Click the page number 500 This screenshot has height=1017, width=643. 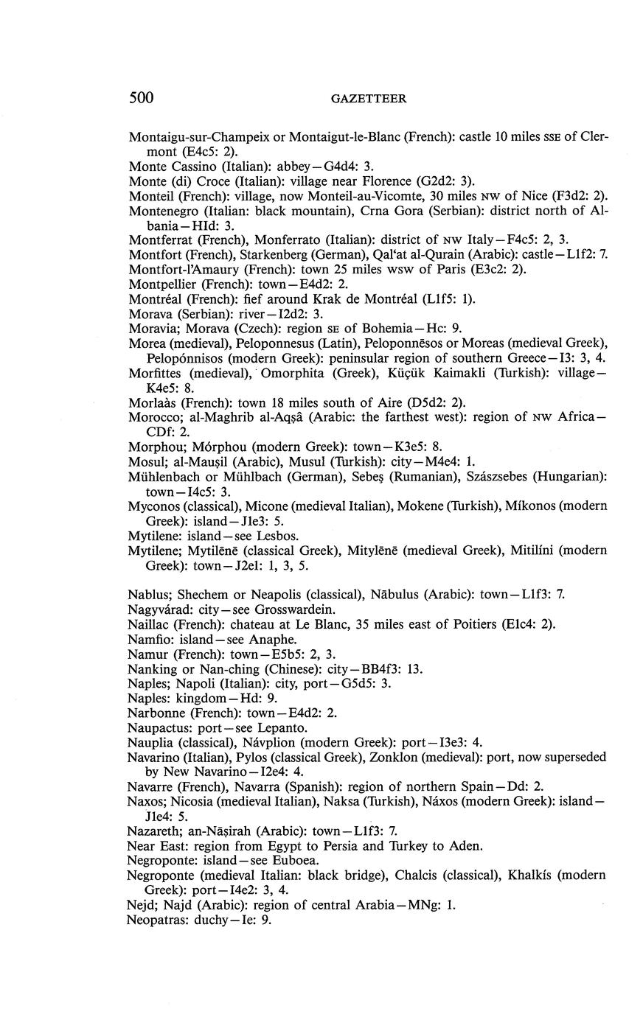[141, 98]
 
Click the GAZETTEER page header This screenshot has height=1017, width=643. [369, 99]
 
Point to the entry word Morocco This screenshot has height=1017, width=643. [153, 417]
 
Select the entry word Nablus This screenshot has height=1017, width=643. [146, 594]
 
